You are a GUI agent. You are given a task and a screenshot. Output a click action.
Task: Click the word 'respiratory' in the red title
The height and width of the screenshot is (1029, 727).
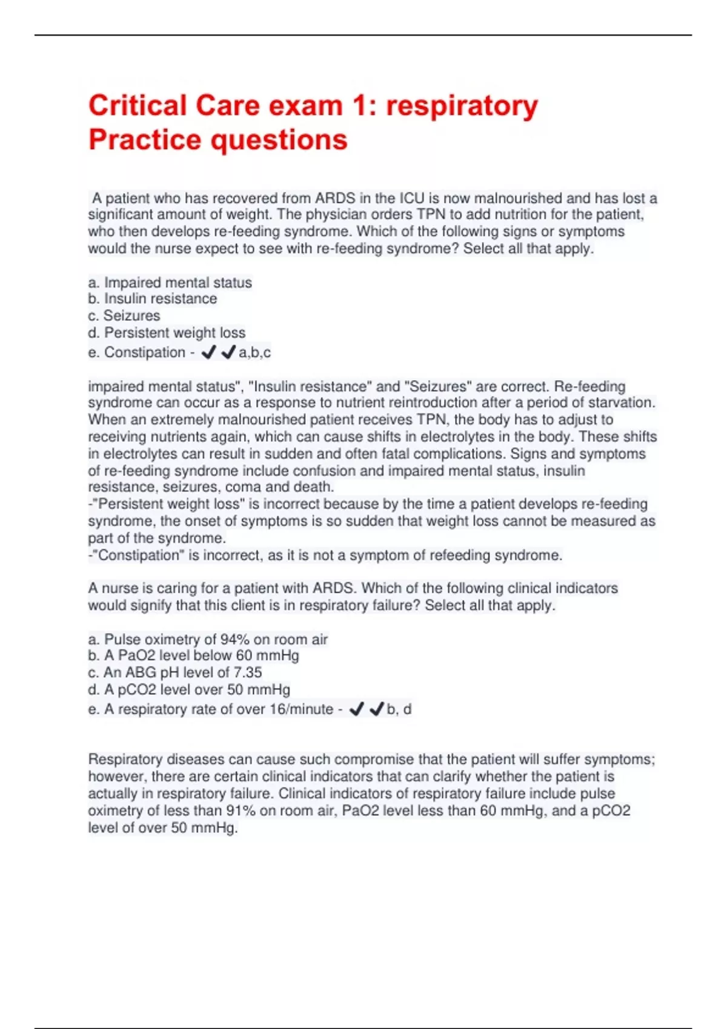pyautogui.click(x=462, y=107)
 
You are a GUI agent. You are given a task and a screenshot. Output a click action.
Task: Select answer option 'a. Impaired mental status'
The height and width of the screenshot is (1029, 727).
pyautogui.click(x=170, y=283)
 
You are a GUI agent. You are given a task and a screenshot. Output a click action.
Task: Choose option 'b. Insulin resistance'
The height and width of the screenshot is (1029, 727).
pyautogui.click(x=152, y=299)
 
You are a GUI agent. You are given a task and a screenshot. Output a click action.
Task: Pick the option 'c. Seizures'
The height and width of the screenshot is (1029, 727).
pyautogui.click(x=124, y=316)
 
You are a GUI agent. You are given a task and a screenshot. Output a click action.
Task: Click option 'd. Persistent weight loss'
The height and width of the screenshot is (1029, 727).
pyautogui.click(x=167, y=333)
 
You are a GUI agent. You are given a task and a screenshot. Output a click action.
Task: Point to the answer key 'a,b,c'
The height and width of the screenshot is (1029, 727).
pyautogui.click(x=254, y=352)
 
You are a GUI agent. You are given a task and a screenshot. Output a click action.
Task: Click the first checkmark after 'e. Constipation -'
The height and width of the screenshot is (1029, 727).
pyautogui.click(x=208, y=352)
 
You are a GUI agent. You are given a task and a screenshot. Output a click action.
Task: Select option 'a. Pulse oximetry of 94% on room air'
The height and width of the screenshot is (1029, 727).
pyautogui.click(x=208, y=639)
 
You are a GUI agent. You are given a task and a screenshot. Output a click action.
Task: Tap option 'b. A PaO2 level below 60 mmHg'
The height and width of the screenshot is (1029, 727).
pyautogui.click(x=193, y=656)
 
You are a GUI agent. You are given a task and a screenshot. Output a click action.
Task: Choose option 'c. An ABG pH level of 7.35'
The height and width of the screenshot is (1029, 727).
pyautogui.click(x=174, y=672)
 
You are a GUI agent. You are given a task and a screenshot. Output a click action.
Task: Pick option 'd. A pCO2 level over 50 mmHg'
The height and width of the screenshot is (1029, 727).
pyautogui.click(x=189, y=689)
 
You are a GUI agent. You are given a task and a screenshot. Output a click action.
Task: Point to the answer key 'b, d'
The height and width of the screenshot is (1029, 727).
pyautogui.click(x=399, y=709)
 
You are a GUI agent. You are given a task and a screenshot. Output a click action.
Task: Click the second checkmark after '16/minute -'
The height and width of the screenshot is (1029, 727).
pyautogui.click(x=377, y=709)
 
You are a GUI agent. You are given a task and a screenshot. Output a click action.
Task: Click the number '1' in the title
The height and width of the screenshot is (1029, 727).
pyautogui.click(x=359, y=107)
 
